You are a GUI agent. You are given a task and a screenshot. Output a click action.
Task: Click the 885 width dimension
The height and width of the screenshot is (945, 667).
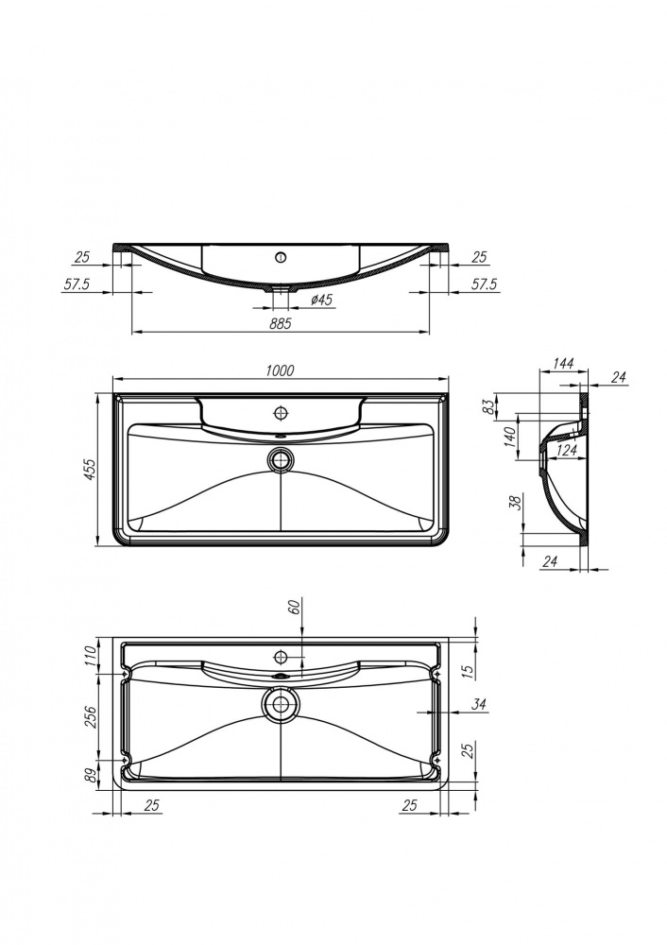pos(280,323)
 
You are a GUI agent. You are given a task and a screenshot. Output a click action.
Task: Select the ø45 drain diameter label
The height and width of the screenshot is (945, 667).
pos(322,300)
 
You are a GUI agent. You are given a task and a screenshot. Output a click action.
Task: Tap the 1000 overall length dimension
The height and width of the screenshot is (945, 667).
pos(280,369)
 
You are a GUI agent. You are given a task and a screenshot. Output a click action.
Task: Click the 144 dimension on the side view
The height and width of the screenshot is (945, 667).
pos(564,363)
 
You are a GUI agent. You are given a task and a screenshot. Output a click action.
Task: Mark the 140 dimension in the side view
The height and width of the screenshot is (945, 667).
pos(509,438)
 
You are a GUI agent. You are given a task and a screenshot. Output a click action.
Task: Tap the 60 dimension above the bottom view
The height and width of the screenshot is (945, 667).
pos(294,608)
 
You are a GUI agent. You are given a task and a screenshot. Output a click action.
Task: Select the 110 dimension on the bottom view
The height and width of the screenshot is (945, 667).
pos(92,655)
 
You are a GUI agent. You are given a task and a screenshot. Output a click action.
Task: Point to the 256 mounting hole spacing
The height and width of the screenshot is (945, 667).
pos(92,715)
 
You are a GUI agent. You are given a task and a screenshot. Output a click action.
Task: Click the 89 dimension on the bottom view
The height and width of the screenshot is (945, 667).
pos(92,774)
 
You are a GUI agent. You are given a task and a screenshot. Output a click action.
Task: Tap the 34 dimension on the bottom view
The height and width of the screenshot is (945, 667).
pos(478,704)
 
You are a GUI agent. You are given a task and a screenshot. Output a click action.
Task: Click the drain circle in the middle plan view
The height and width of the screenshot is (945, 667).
pos(281,460)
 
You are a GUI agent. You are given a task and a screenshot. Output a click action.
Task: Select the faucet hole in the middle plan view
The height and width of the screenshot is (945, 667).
pos(281,413)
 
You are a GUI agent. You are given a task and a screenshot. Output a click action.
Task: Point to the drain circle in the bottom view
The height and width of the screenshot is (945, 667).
pos(281,703)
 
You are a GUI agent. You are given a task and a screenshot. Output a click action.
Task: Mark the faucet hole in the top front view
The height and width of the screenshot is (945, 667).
pos(281,256)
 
